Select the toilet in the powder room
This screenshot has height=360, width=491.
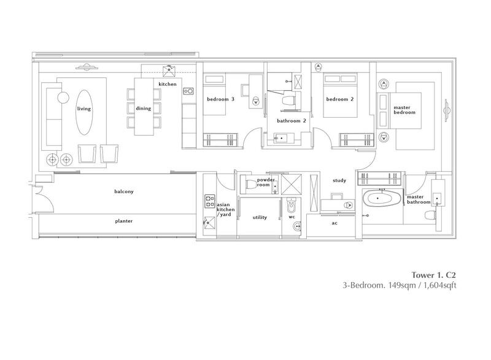coord(250,183)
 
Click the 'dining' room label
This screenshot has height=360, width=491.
coord(143,109)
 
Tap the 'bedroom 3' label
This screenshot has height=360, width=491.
coord(220,99)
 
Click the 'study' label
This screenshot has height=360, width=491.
coord(339,180)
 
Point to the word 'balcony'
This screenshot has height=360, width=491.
coord(123,191)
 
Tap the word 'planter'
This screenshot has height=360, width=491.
coord(123,221)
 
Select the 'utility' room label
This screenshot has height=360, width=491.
coord(260,217)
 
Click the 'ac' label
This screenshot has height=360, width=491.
coord(334,223)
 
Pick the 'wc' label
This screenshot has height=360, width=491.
coord(292,217)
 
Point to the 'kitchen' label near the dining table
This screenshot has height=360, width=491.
coord(168,83)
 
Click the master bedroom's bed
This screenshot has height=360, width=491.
coord(414,120)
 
